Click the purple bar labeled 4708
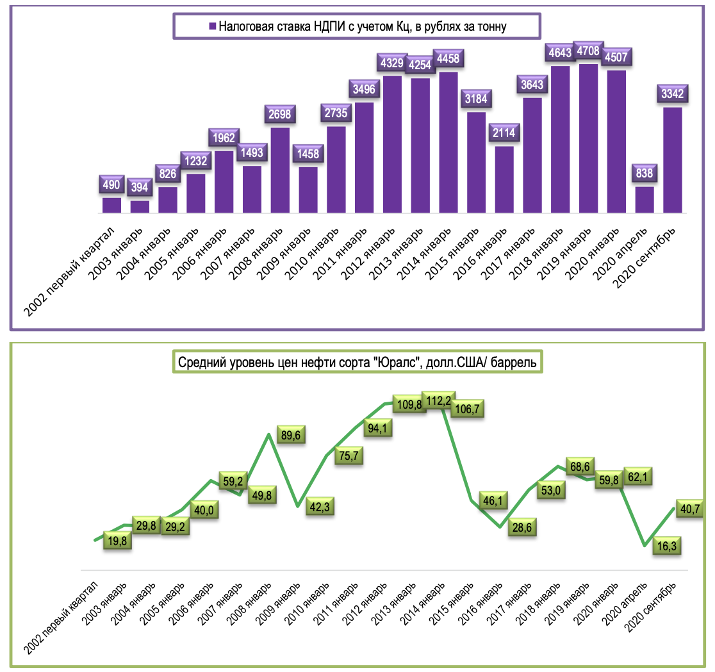click(x=589, y=138)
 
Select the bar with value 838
click(x=645, y=200)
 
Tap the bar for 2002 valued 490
click(x=111, y=205)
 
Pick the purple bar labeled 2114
click(x=504, y=179)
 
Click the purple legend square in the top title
click(x=212, y=27)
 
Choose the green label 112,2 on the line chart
click(x=440, y=402)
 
